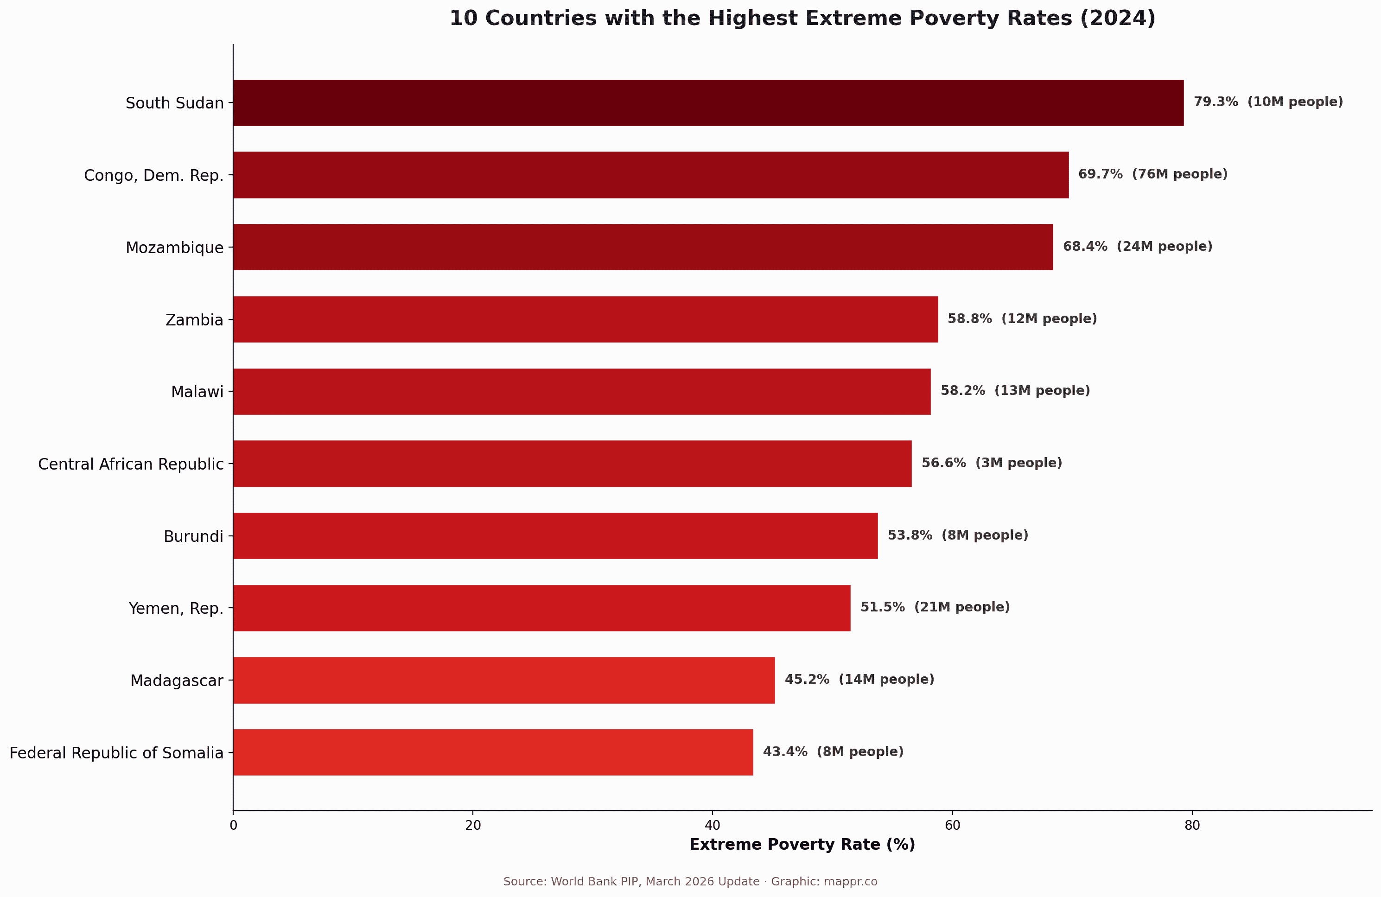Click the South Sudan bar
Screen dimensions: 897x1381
(x=708, y=103)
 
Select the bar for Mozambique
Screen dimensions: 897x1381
(x=643, y=247)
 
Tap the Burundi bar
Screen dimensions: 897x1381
(x=555, y=535)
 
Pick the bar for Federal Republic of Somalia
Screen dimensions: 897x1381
(x=493, y=752)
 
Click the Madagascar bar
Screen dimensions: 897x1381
(x=503, y=680)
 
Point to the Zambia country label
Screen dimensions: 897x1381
(x=194, y=320)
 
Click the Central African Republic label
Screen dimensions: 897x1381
(x=131, y=464)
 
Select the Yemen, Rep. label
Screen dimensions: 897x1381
(x=176, y=608)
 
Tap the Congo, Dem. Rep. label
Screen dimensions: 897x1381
(x=154, y=175)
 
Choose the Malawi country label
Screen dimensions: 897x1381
(x=197, y=392)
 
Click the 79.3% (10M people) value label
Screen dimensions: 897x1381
(x=1268, y=102)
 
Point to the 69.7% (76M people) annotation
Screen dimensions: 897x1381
(x=1152, y=174)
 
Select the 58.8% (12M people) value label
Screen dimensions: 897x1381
(x=1022, y=318)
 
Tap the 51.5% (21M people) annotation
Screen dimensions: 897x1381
(x=935, y=607)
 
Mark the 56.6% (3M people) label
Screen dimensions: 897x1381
(x=992, y=463)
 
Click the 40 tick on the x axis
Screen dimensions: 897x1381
(x=712, y=826)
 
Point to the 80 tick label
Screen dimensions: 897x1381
(x=1192, y=826)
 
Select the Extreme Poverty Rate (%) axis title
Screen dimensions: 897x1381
(x=802, y=845)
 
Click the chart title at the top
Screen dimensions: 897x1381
(x=802, y=19)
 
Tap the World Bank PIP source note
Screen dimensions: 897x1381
(x=690, y=882)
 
